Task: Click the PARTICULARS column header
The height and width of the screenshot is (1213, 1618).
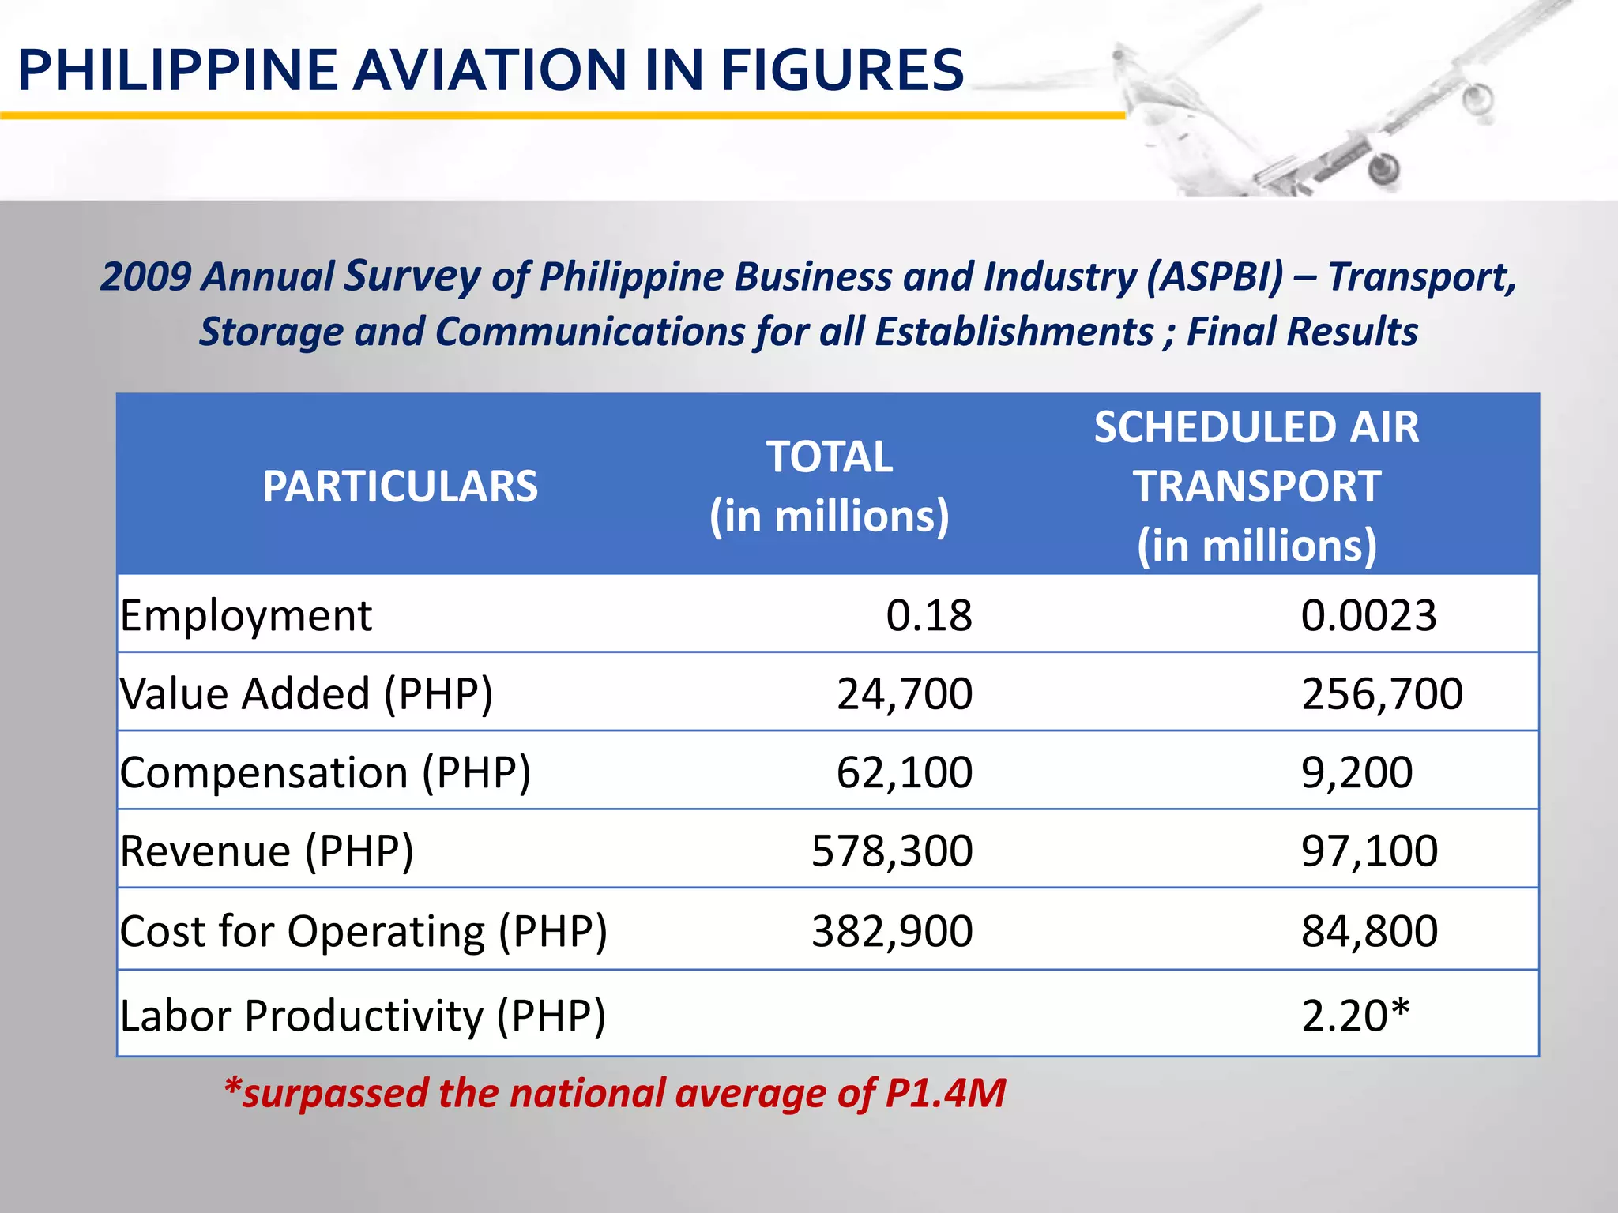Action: point(400,486)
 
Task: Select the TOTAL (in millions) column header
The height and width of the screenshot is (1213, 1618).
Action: point(830,486)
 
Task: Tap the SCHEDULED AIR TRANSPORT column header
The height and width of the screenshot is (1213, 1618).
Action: point(1256,486)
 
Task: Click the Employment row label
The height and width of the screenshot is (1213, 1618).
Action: point(246,615)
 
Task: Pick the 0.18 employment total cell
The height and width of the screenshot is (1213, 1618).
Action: point(928,615)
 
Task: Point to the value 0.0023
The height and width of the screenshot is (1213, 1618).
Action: point(1368,615)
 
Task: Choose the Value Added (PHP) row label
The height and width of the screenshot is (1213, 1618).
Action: point(307,693)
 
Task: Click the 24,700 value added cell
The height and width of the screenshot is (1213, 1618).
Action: point(905,693)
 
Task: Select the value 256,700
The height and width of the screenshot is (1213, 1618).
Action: point(1382,693)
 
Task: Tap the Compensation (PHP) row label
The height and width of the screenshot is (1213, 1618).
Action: point(325,772)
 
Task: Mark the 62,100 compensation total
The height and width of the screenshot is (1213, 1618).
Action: point(905,772)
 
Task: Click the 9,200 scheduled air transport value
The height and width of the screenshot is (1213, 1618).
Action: point(1356,772)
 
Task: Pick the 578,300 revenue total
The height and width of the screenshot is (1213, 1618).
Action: point(892,851)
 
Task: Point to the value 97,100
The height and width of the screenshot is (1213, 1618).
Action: point(1369,851)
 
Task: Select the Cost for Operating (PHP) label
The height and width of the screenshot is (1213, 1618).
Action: point(363,931)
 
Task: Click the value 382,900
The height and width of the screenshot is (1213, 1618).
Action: point(892,931)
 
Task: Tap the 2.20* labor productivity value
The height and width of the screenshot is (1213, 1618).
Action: point(1355,1015)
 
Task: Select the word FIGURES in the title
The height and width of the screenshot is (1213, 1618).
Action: point(841,69)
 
